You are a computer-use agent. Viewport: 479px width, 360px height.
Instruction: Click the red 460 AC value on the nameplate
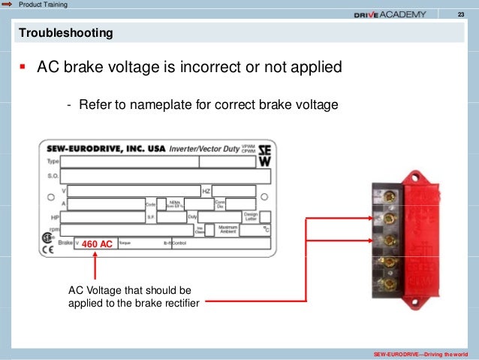(97, 244)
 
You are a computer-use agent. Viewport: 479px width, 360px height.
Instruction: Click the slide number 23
(459, 15)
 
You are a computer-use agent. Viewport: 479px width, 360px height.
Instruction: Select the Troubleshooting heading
(66, 34)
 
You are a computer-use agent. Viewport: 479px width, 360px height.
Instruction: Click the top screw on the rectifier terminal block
(389, 198)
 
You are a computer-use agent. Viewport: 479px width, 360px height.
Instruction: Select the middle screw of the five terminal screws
(389, 240)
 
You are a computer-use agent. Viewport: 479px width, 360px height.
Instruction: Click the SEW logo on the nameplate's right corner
(264, 154)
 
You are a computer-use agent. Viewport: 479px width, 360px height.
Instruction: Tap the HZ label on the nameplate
(206, 190)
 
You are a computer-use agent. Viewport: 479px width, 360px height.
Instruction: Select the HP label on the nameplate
(53, 216)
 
